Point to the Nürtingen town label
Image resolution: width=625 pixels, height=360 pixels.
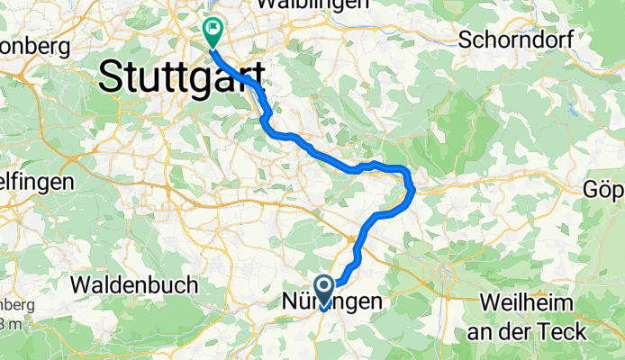[332, 301]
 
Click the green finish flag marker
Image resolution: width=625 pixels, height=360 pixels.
[213, 31]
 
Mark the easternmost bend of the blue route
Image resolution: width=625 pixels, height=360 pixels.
[412, 187]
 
